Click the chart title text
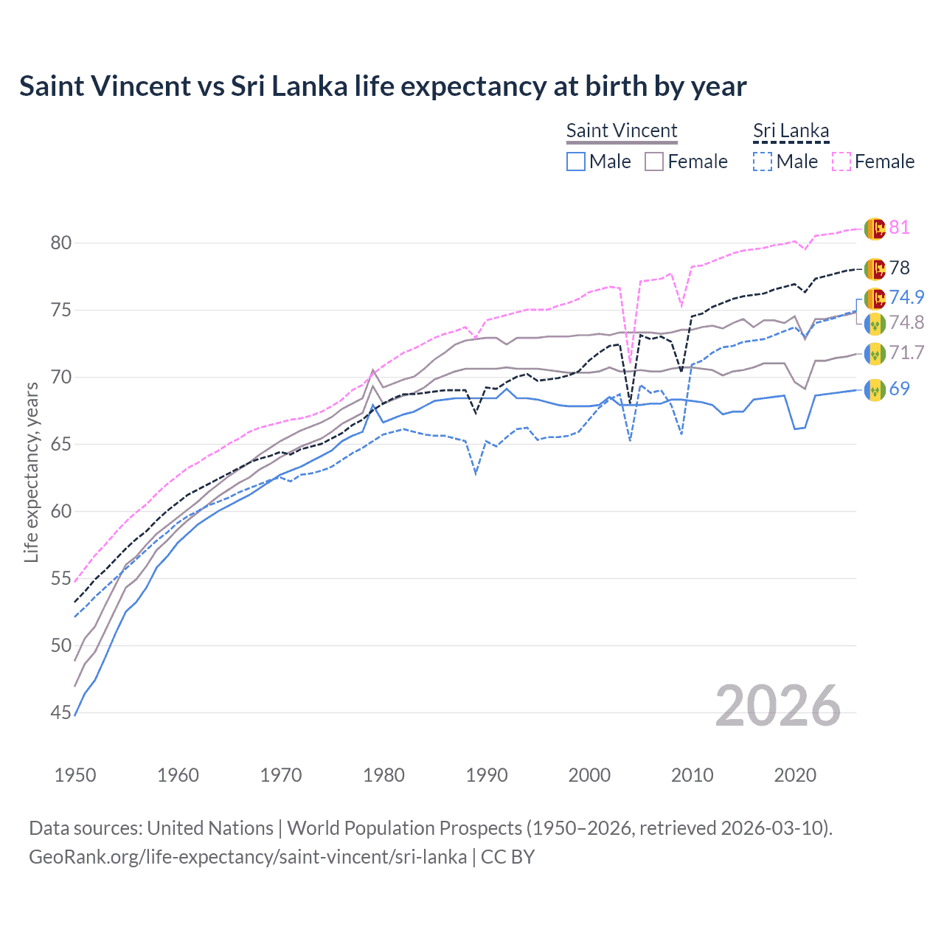click(383, 86)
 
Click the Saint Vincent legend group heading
click(621, 131)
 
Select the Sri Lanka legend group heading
click(791, 131)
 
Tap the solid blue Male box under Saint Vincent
click(576, 162)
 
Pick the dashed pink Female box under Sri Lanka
click(841, 162)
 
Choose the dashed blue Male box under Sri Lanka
click(763, 162)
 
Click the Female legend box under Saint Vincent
click(654, 162)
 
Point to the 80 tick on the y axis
click(61, 243)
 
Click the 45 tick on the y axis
click(61, 712)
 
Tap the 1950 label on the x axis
click(75, 775)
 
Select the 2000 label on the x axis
click(589, 775)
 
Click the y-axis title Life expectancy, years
click(31, 472)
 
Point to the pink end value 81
click(899, 227)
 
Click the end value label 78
click(899, 268)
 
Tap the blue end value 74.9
click(906, 297)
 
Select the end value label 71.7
click(906, 353)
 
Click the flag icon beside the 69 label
click(875, 389)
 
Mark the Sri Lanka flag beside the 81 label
click(875, 228)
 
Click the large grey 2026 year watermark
click(777, 706)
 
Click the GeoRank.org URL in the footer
click(247, 857)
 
